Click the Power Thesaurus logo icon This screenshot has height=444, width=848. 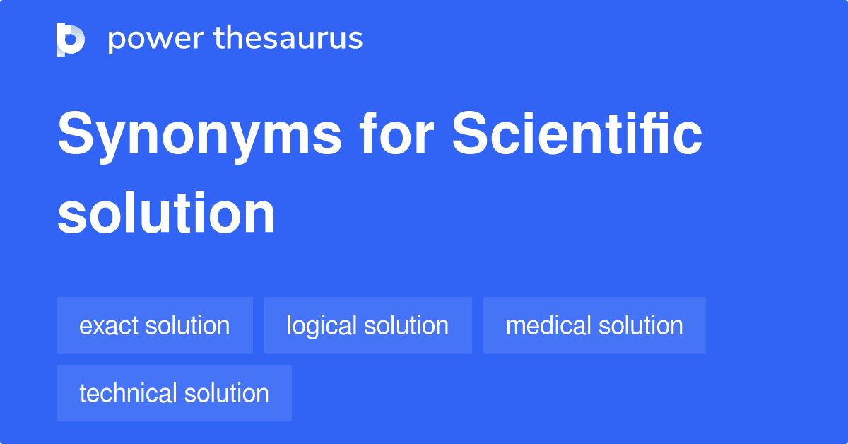click(71, 40)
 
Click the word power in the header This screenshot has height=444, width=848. click(156, 40)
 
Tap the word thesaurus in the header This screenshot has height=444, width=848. click(288, 37)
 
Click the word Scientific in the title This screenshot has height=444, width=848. click(577, 133)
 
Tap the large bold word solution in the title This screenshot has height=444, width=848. click(166, 213)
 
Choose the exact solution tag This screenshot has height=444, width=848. click(155, 325)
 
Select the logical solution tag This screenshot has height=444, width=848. click(368, 325)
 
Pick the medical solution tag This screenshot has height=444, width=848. click(595, 325)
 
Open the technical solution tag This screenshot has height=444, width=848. click(174, 393)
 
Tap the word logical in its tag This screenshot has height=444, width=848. click(322, 327)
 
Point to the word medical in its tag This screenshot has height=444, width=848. click(548, 325)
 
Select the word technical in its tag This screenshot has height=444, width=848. click(128, 393)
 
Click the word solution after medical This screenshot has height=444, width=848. click(641, 325)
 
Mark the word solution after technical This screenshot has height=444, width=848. click(227, 393)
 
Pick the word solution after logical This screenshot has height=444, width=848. click(407, 325)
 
